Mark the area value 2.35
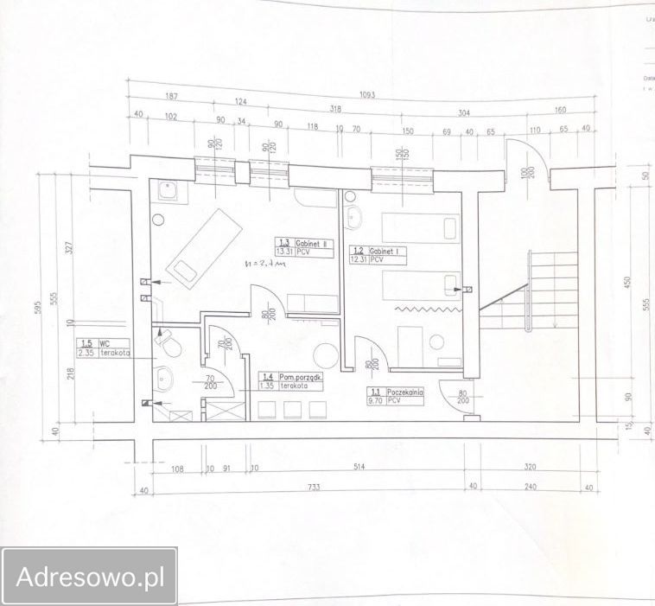click(x=86, y=352)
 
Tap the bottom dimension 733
click(x=312, y=488)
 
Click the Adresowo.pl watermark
click(x=89, y=577)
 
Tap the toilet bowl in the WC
click(x=169, y=347)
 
